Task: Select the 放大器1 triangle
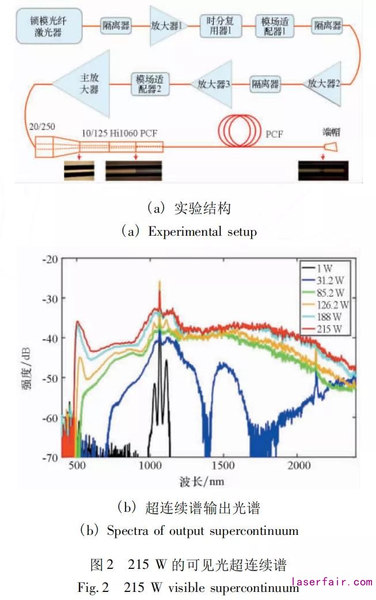[x=166, y=26]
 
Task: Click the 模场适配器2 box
[x=149, y=84]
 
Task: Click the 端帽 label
[x=332, y=131]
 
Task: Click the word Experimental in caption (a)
[x=184, y=232]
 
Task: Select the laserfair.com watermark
[x=332, y=582]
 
